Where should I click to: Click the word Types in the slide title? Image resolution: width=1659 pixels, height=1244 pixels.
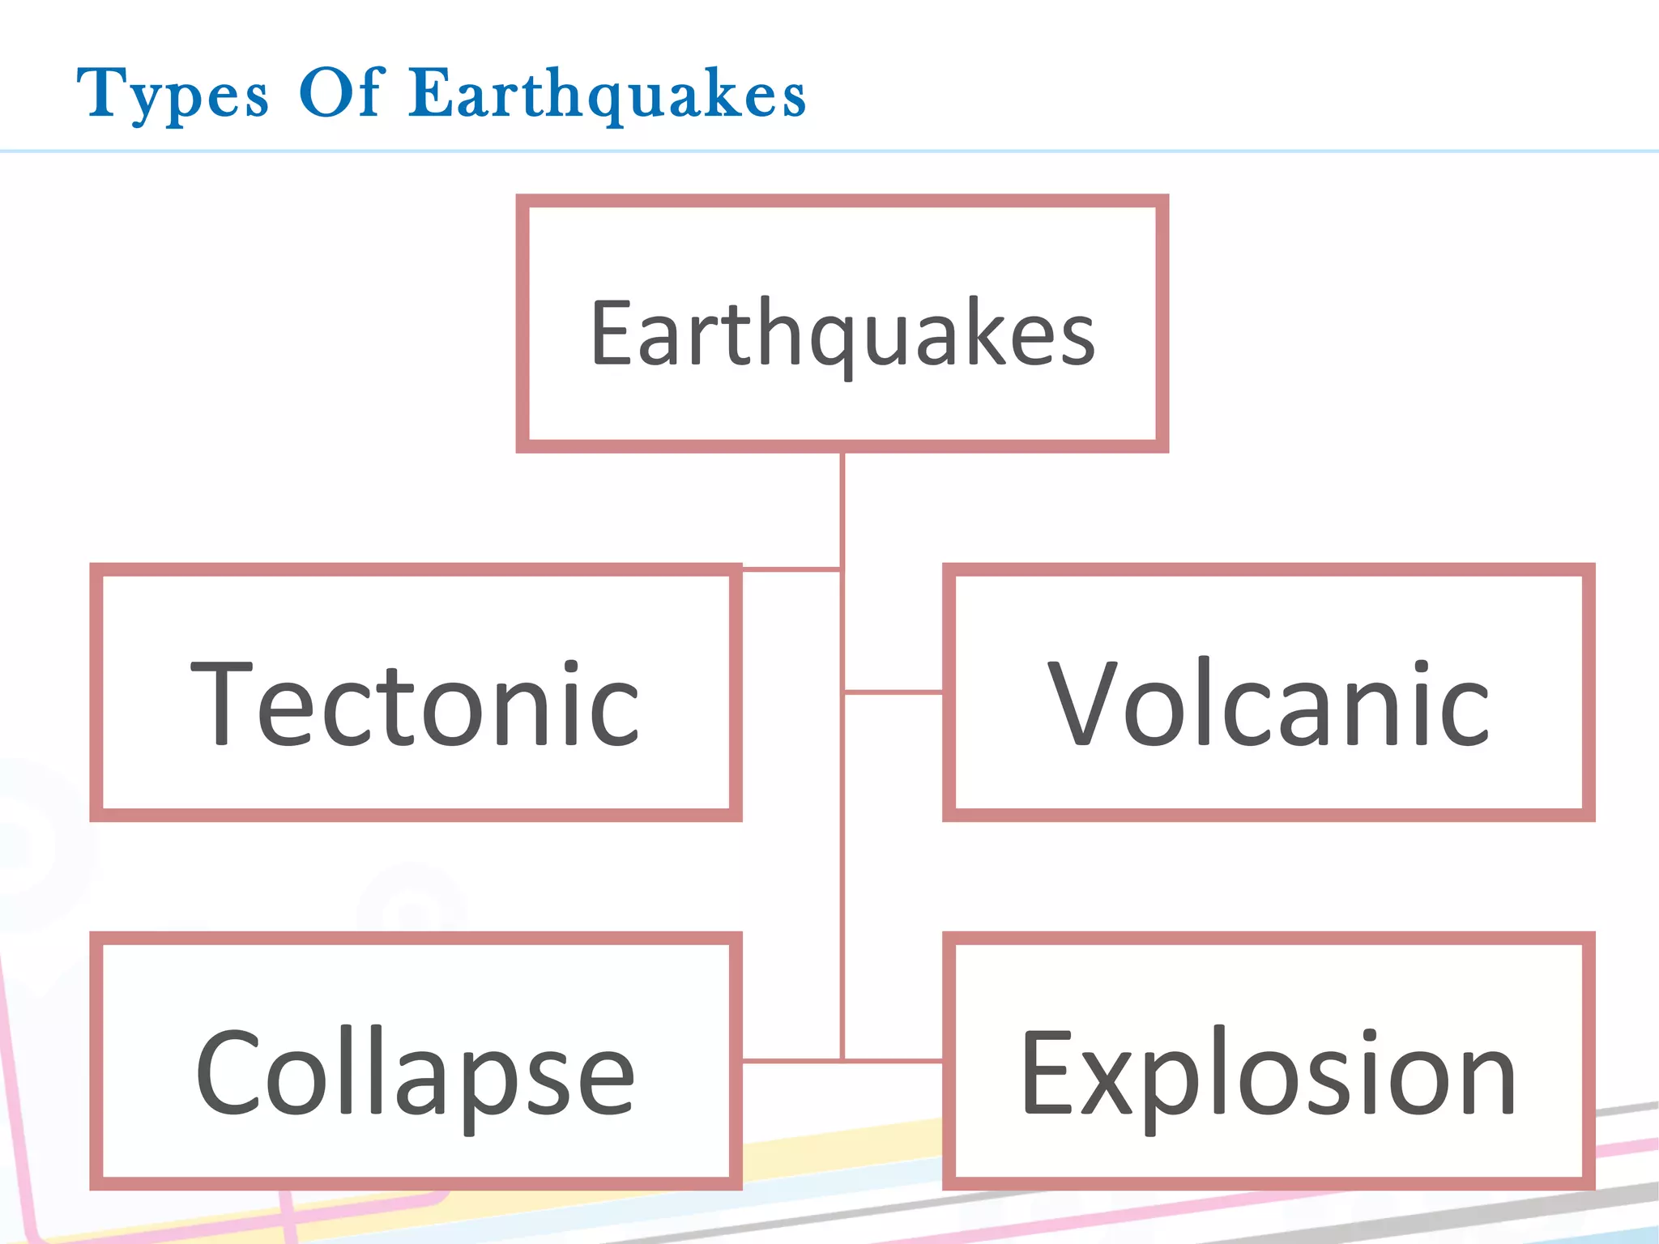(173, 94)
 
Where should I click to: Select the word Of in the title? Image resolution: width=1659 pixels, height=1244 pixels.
(340, 92)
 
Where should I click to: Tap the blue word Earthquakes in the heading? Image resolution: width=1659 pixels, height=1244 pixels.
(608, 94)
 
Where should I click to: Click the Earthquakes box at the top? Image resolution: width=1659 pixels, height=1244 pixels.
(842, 324)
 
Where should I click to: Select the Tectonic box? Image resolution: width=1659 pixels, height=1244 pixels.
(416, 692)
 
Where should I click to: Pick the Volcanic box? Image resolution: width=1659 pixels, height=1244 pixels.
(1269, 692)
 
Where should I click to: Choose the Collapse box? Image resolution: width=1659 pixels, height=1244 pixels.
(416, 1061)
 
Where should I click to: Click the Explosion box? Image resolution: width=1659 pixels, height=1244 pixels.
(1269, 1061)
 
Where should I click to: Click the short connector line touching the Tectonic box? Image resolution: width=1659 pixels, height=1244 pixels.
(791, 570)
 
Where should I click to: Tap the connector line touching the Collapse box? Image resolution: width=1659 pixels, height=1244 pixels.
(791, 1060)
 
